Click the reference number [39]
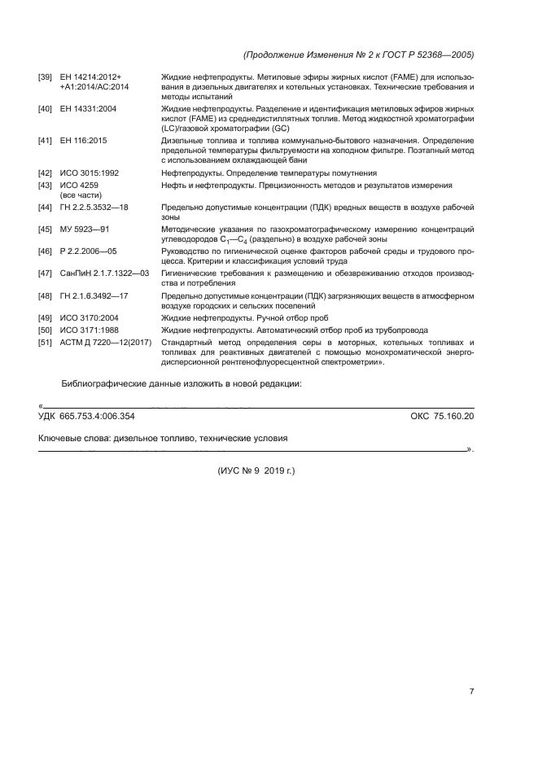(x=46, y=77)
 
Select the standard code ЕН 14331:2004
(x=89, y=108)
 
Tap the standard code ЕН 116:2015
(x=83, y=141)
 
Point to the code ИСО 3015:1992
(x=90, y=173)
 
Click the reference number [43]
(x=46, y=186)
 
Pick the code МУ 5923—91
(x=85, y=230)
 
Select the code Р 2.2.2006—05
(x=88, y=251)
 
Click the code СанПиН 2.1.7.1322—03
(x=104, y=273)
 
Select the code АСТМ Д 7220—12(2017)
(x=106, y=343)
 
